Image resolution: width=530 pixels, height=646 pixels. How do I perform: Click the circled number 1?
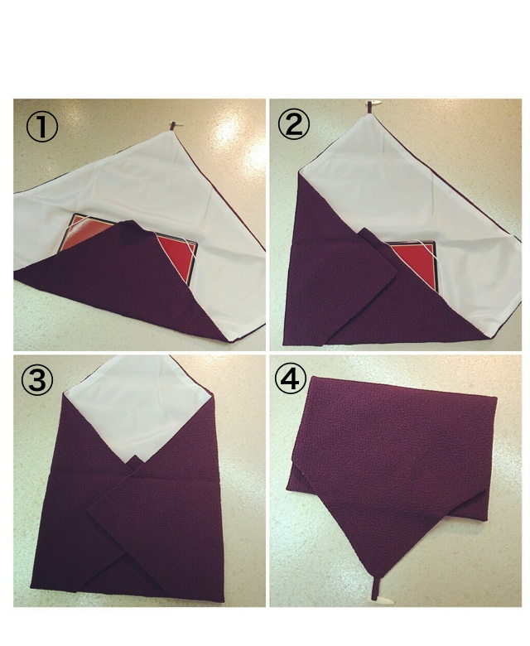42,127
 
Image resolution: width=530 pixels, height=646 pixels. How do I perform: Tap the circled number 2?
293,124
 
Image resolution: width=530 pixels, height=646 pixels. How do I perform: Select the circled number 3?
37,380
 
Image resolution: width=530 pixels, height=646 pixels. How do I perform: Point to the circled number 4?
291,379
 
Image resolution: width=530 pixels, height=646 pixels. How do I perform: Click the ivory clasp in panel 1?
178,126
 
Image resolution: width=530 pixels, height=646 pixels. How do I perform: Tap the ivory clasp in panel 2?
375,102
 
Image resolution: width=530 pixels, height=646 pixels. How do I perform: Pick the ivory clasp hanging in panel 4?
383,600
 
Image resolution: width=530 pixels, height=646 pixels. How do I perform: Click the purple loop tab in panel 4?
374,589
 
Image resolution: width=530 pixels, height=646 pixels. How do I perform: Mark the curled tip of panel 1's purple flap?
131,229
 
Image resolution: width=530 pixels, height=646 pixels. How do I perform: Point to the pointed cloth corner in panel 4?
373,576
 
